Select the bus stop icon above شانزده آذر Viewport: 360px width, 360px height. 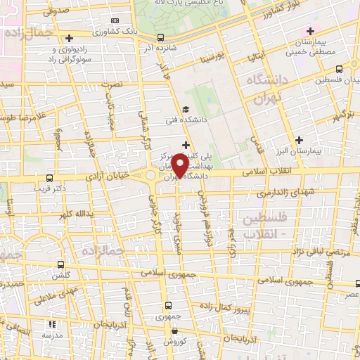[x=161, y=37]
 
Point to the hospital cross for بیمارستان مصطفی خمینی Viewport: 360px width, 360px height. [x=309, y=31]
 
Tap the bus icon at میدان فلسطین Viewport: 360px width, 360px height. [x=340, y=69]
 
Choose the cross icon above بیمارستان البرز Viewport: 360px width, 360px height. [x=300, y=140]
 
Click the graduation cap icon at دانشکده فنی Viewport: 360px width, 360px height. [x=186, y=109]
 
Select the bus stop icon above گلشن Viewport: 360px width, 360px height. [x=60, y=265]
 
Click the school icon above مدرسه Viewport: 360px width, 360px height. [x=52, y=325]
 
